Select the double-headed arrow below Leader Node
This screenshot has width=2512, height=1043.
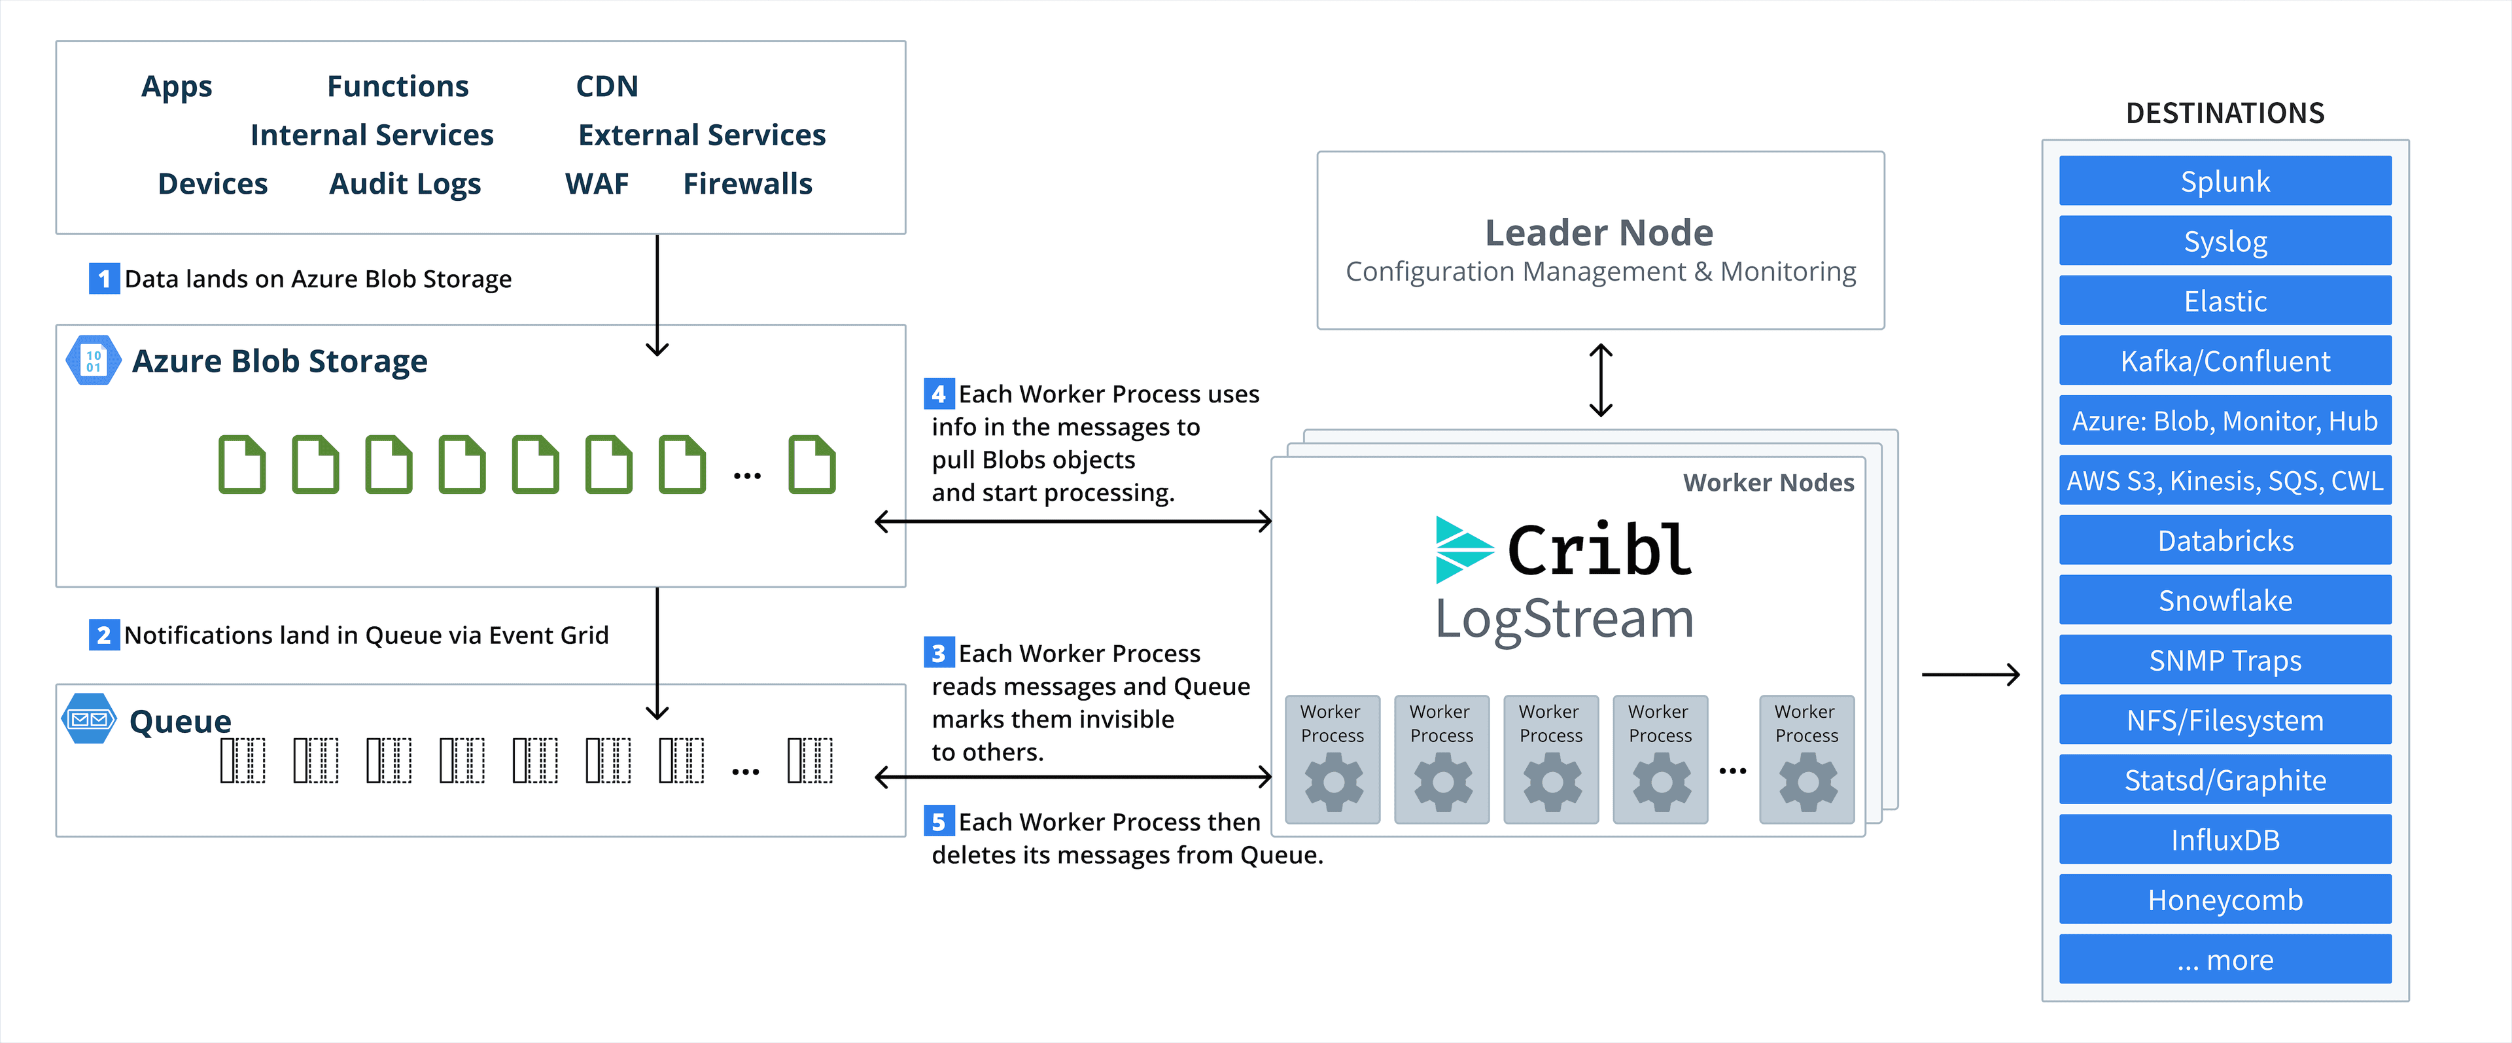pyautogui.click(x=1600, y=380)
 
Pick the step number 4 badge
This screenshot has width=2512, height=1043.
pyautogui.click(x=938, y=394)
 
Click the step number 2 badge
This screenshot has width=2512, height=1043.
pyautogui.click(x=103, y=635)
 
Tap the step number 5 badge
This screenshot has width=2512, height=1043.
pyautogui.click(x=938, y=822)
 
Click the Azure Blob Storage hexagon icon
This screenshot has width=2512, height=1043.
pyautogui.click(x=93, y=360)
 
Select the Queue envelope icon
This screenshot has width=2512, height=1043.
pyautogui.click(x=89, y=719)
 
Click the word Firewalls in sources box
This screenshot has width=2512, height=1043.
pyautogui.click(x=747, y=183)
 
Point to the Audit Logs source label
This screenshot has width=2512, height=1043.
pyautogui.click(x=405, y=183)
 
